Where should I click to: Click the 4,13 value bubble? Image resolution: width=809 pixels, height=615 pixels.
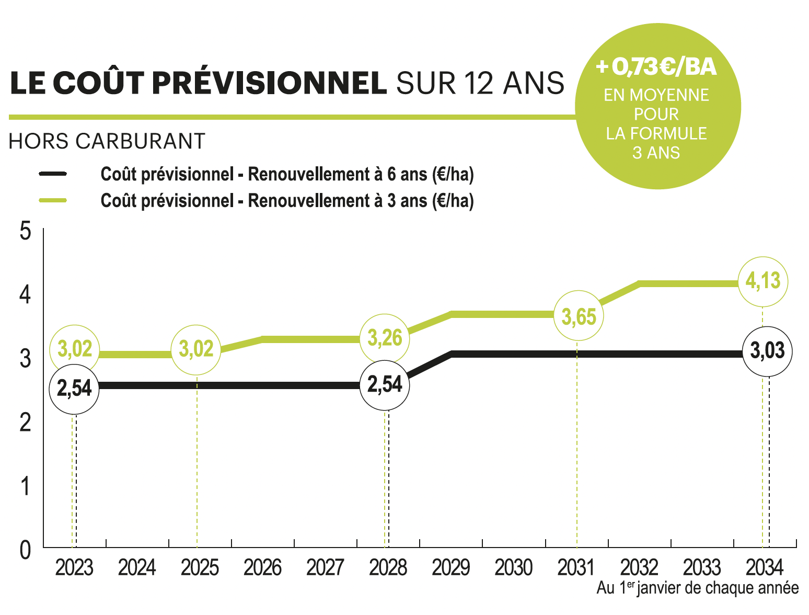pyautogui.click(x=762, y=282)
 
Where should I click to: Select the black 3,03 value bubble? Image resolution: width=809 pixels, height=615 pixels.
pyautogui.click(x=767, y=351)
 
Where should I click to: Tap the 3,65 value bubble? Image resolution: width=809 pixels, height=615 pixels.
pyautogui.click(x=579, y=316)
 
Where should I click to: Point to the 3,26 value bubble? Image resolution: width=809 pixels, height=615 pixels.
pyautogui.click(x=385, y=338)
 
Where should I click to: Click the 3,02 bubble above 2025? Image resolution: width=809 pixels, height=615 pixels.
pyautogui.click(x=196, y=349)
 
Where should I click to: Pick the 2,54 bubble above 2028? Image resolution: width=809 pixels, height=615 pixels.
pyautogui.click(x=385, y=385)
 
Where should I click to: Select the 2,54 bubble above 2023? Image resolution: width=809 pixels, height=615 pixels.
pyautogui.click(x=74, y=389)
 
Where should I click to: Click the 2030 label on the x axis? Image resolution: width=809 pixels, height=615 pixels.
pyautogui.click(x=513, y=568)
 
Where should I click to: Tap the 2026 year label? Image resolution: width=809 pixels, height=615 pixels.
pyautogui.click(x=262, y=568)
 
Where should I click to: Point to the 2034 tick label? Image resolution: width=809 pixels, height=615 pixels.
pyautogui.click(x=764, y=568)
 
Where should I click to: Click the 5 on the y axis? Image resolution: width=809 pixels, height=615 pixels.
pyautogui.click(x=25, y=231)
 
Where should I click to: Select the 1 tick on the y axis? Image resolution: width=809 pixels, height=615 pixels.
pyautogui.click(x=25, y=486)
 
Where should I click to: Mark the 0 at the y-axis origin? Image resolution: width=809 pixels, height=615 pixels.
pyautogui.click(x=25, y=550)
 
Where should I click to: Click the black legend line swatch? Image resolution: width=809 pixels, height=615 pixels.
pyautogui.click(x=53, y=174)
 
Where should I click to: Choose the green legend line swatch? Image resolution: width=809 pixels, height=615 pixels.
pyautogui.click(x=53, y=200)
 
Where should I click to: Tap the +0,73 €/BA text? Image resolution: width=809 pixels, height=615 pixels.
pyautogui.click(x=656, y=67)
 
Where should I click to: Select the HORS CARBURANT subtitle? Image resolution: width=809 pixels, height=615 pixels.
pyautogui.click(x=107, y=141)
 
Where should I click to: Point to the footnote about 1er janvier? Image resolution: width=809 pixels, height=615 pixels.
pyautogui.click(x=697, y=588)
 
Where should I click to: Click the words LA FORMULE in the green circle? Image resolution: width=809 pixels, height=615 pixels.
pyautogui.click(x=656, y=134)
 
